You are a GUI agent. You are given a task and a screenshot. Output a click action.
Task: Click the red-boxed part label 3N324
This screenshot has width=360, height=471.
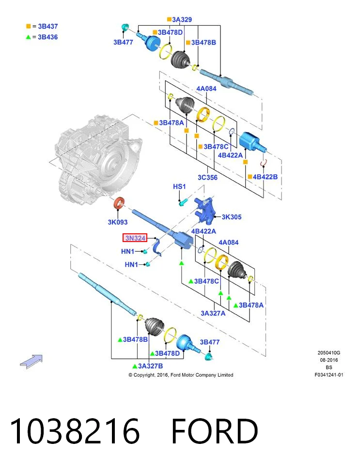coord(135,238)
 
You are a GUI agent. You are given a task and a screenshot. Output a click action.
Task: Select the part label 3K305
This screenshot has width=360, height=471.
coord(231,217)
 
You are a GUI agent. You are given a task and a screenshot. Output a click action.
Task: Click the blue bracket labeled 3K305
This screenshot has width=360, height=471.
coord(205,210)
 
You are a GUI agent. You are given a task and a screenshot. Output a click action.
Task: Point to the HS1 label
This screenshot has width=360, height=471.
coord(179,186)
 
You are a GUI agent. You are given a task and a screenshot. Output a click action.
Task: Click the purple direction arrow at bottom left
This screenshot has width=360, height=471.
coord(31,362)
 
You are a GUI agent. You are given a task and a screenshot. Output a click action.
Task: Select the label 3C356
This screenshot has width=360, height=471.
coord(207,178)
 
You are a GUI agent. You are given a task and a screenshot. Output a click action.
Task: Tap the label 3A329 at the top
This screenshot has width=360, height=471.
coord(182,19)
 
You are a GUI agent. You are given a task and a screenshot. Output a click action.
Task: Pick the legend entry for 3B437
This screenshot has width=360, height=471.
coord(42,27)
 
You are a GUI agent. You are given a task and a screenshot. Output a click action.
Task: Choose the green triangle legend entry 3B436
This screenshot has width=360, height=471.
coord(42,37)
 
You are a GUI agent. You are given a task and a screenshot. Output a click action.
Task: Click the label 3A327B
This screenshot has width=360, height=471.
coord(150,366)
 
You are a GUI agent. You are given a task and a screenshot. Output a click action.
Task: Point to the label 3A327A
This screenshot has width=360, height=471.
coord(213,313)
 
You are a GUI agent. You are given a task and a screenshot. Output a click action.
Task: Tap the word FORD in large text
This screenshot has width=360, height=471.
coord(215,431)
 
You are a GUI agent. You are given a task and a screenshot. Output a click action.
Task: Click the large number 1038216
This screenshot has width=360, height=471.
coord(75,431)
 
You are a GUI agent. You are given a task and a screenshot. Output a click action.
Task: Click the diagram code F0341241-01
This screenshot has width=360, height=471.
coord(329,375)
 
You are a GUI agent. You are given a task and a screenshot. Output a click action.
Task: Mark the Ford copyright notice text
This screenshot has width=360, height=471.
coord(181,375)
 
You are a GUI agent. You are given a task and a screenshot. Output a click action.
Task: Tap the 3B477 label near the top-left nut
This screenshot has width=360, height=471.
coord(123,42)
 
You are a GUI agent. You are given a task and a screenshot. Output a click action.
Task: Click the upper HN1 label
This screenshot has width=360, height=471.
coord(127,251)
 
